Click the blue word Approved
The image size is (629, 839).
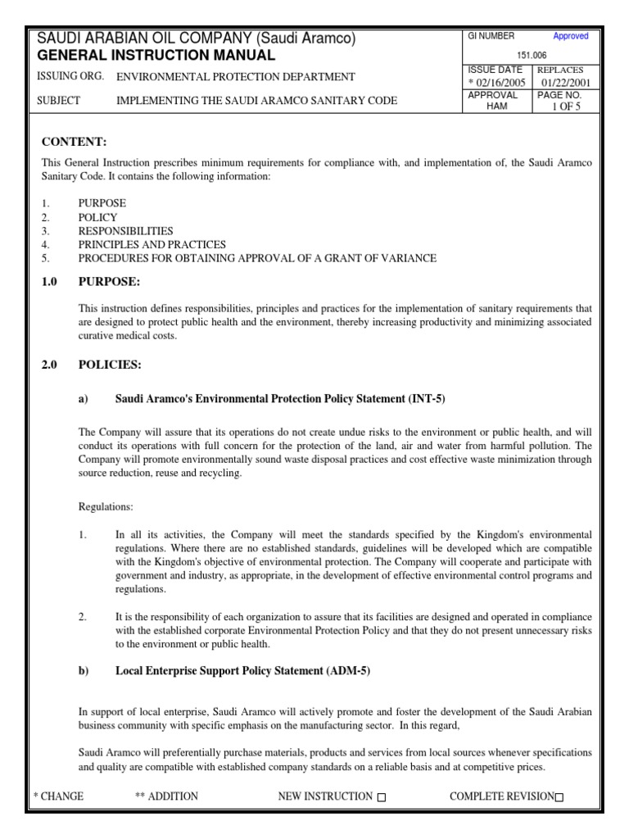coord(570,37)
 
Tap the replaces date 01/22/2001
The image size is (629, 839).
coord(566,83)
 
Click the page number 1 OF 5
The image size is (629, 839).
coord(565,107)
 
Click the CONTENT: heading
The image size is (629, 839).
coord(74,143)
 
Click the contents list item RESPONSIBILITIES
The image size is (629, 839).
coord(125,231)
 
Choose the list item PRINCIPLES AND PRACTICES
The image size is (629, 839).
coord(152,244)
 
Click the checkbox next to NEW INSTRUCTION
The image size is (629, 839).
coord(382,797)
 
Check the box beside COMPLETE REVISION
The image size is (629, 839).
coord(559,797)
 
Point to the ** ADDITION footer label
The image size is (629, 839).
coord(165,796)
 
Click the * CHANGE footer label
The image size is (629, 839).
coord(58,796)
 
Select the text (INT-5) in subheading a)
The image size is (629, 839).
coord(427,399)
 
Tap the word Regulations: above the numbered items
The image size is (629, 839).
coord(105,507)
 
